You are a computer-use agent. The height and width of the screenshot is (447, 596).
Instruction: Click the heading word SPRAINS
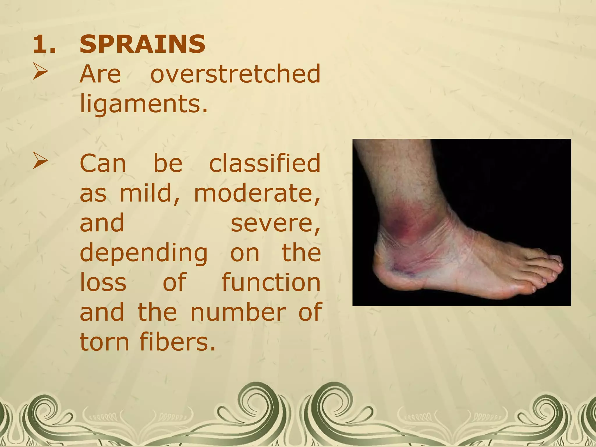pyautogui.click(x=142, y=44)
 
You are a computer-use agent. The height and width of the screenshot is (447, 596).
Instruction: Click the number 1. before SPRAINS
pyautogui.click(x=44, y=45)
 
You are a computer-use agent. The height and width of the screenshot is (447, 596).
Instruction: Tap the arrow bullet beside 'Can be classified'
pyautogui.click(x=40, y=161)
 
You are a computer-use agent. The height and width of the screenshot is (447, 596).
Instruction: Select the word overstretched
pyautogui.click(x=235, y=74)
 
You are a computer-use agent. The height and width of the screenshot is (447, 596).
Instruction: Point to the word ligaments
pyautogui.click(x=144, y=104)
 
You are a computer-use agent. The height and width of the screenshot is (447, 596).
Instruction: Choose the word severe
pyautogui.click(x=275, y=223)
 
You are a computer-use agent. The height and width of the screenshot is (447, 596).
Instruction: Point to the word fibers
pyautogui.click(x=178, y=342)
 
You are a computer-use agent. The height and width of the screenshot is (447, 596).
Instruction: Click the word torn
pyautogui.click(x=104, y=342)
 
